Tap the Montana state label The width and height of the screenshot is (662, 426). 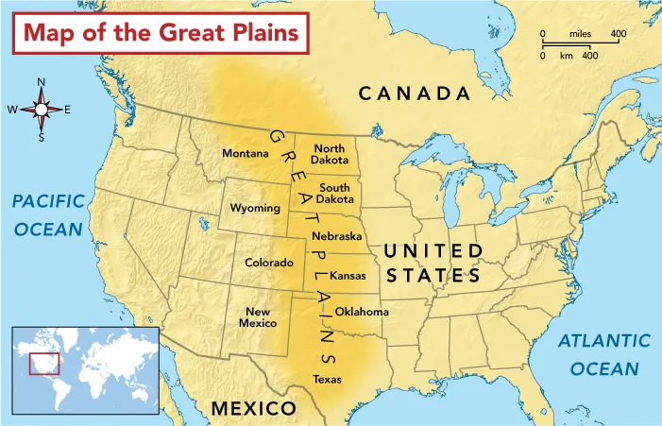(245, 153)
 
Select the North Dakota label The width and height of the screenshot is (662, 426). (330, 154)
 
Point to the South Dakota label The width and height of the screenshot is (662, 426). (335, 194)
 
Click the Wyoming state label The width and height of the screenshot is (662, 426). (255, 208)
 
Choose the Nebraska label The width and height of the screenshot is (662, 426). (337, 236)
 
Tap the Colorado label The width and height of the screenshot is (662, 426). (269, 263)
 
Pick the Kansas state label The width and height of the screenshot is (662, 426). (348, 276)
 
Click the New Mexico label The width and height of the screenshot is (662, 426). (259, 317)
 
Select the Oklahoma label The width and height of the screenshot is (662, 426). (362, 312)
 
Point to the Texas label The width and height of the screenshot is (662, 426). (327, 380)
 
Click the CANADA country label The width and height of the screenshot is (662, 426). (414, 94)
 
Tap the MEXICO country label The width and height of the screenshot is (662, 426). (253, 408)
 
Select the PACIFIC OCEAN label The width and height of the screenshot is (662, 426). (47, 215)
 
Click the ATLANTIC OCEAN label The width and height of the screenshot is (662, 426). (604, 354)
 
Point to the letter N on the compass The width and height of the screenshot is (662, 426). (41, 82)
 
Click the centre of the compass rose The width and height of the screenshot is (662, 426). (41, 110)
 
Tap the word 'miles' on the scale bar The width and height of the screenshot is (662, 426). (581, 35)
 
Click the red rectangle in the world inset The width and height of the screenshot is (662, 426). (44, 363)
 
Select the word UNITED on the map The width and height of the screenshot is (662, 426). (433, 250)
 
